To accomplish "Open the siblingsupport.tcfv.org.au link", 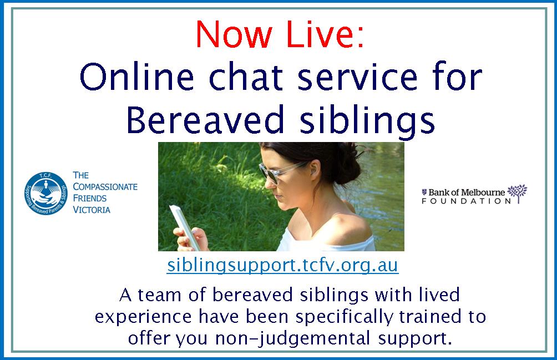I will point(282,265).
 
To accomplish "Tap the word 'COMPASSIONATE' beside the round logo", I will point(105,187).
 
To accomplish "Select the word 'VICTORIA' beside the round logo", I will point(92,210).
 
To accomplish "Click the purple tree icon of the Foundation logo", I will point(518,192).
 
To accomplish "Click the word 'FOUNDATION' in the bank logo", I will point(466,201).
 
